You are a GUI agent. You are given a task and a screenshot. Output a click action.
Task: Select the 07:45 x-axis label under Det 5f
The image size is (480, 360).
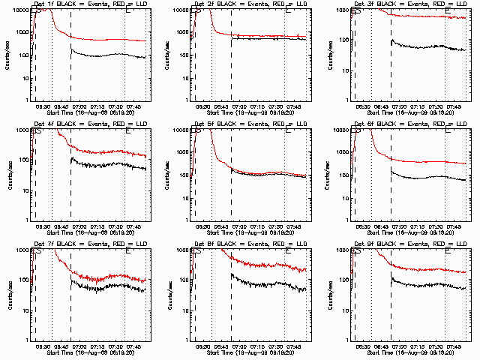pos(294,226)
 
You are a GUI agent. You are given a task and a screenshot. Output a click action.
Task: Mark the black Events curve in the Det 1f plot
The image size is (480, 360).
pos(105,55)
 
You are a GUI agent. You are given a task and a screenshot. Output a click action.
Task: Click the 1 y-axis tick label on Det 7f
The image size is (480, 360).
pos(27,340)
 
